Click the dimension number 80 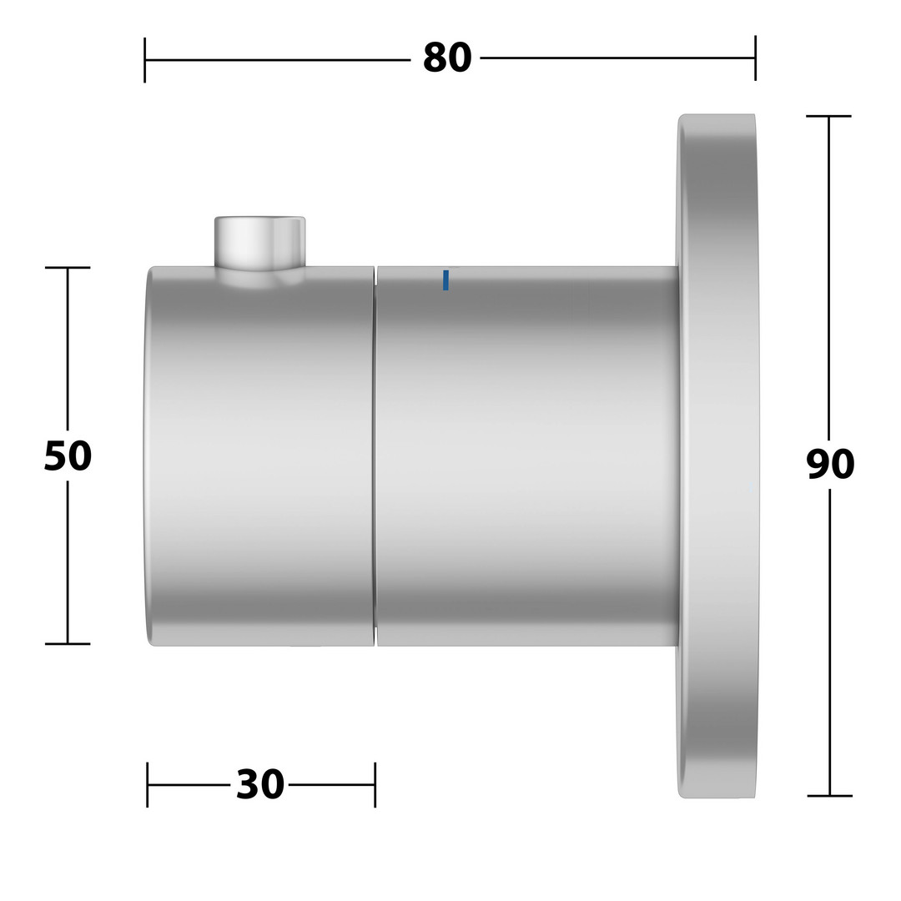(447, 58)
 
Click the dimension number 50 (68, 456)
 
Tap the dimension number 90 (830, 465)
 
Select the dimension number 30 (260, 784)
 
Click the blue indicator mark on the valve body (445, 279)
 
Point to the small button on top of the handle (259, 243)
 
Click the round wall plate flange (717, 456)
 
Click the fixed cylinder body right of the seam (527, 456)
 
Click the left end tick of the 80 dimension (145, 60)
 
